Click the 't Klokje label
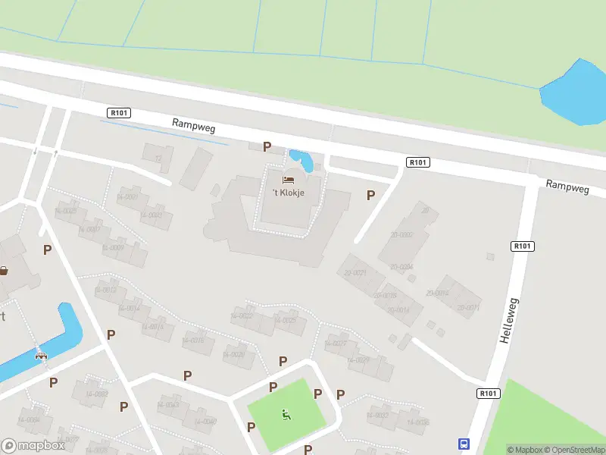pos(289,193)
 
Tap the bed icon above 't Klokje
pos(289,180)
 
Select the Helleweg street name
pos(508,320)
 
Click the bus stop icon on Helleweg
pos(464,444)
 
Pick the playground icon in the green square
pos(286,414)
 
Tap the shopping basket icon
pos(4,271)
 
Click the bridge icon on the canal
pos(41,354)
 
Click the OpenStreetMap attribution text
pos(573,450)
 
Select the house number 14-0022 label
pos(241,315)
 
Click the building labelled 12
pos(158,158)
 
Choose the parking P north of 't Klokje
pos(267,146)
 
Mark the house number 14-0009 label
pos(113,248)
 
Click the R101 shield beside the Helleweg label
pos(523,246)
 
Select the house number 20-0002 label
pos(401,235)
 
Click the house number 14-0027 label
pos(335,344)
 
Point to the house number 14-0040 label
pos(205,422)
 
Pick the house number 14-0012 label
pos(105,290)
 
